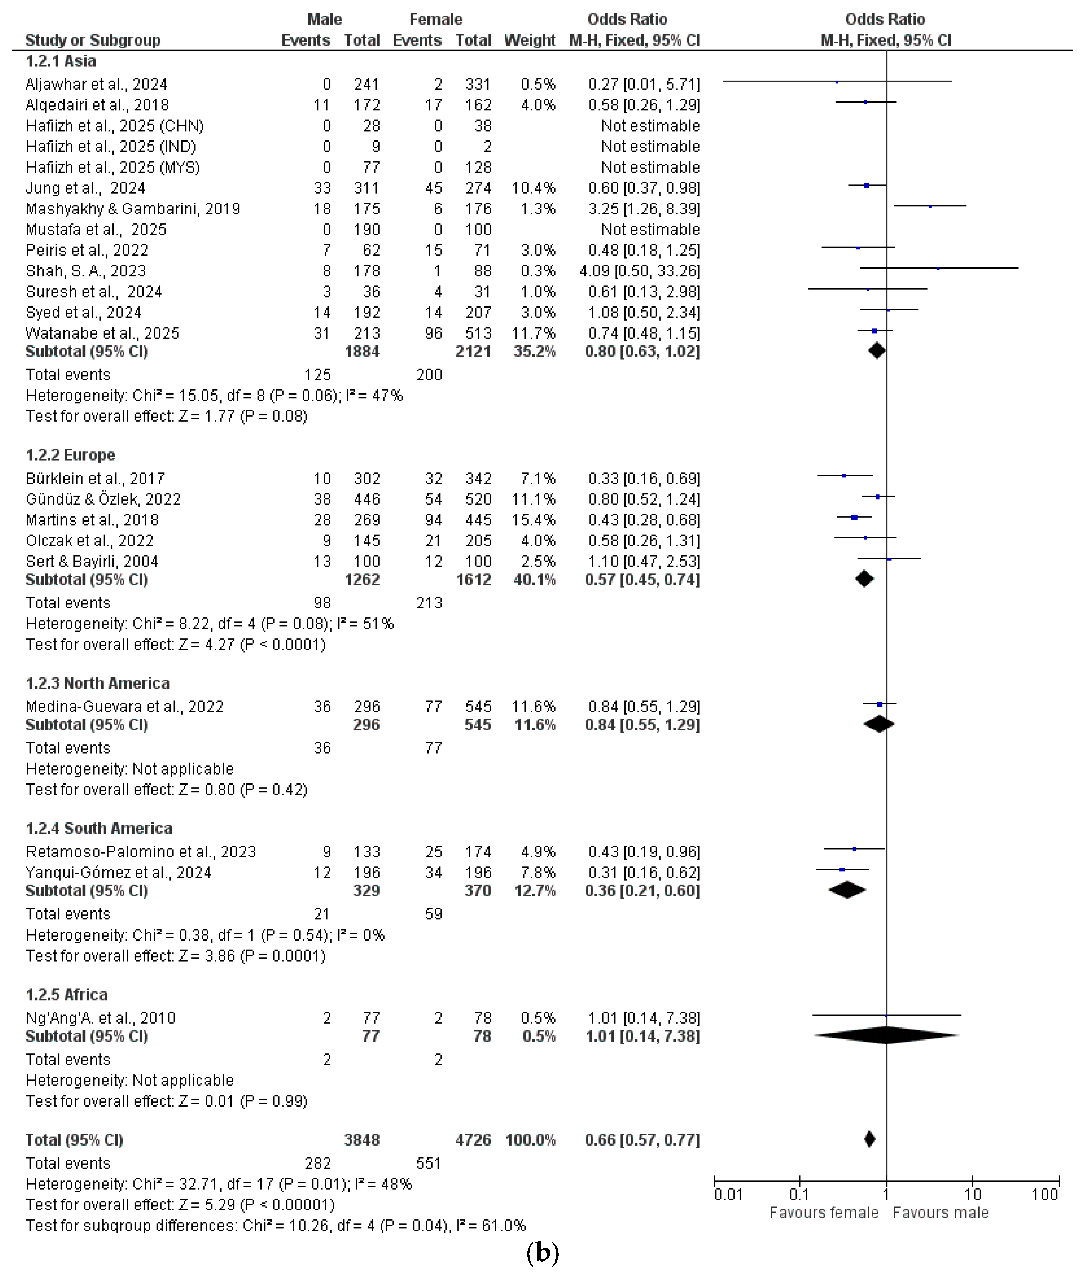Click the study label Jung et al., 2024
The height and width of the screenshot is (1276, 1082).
(85, 188)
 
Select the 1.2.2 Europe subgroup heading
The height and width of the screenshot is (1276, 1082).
(70, 455)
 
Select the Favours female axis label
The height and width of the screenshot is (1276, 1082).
(824, 1213)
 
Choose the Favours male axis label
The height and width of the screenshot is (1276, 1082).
(940, 1213)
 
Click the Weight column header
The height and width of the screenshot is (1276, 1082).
(529, 40)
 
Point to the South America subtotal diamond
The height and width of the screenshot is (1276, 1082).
(847, 890)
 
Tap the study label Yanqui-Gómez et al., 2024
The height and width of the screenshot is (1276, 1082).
(118, 872)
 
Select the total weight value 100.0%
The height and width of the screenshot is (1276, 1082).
(531, 1140)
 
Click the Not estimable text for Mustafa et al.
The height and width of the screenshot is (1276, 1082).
(650, 230)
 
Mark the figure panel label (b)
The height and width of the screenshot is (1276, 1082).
(542, 1253)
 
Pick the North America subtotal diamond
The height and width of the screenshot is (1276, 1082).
(879, 724)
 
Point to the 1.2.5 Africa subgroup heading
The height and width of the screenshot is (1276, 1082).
(67, 994)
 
